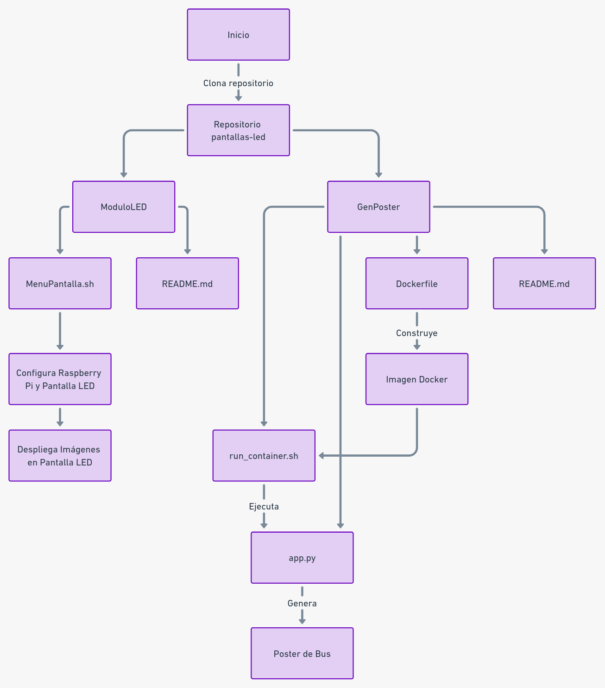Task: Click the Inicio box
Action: tap(238, 35)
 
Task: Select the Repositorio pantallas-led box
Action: tap(238, 130)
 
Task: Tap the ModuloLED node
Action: tap(124, 207)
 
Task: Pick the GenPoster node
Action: tap(378, 207)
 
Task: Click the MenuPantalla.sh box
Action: tap(60, 284)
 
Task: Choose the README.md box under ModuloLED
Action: tap(187, 284)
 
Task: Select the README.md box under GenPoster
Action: tap(544, 284)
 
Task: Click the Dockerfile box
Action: tap(416, 284)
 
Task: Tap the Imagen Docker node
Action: tap(416, 379)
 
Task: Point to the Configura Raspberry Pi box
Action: tap(60, 379)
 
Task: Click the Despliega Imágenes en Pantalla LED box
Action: tap(60, 456)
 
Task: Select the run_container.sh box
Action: tap(264, 456)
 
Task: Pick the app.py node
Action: tap(302, 558)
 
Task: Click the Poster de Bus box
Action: tap(302, 654)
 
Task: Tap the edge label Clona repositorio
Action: tap(238, 83)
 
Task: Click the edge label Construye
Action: tap(416, 333)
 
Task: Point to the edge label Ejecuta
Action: tap(264, 507)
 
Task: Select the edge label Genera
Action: tap(302, 604)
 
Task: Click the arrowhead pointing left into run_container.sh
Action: tap(321, 456)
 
